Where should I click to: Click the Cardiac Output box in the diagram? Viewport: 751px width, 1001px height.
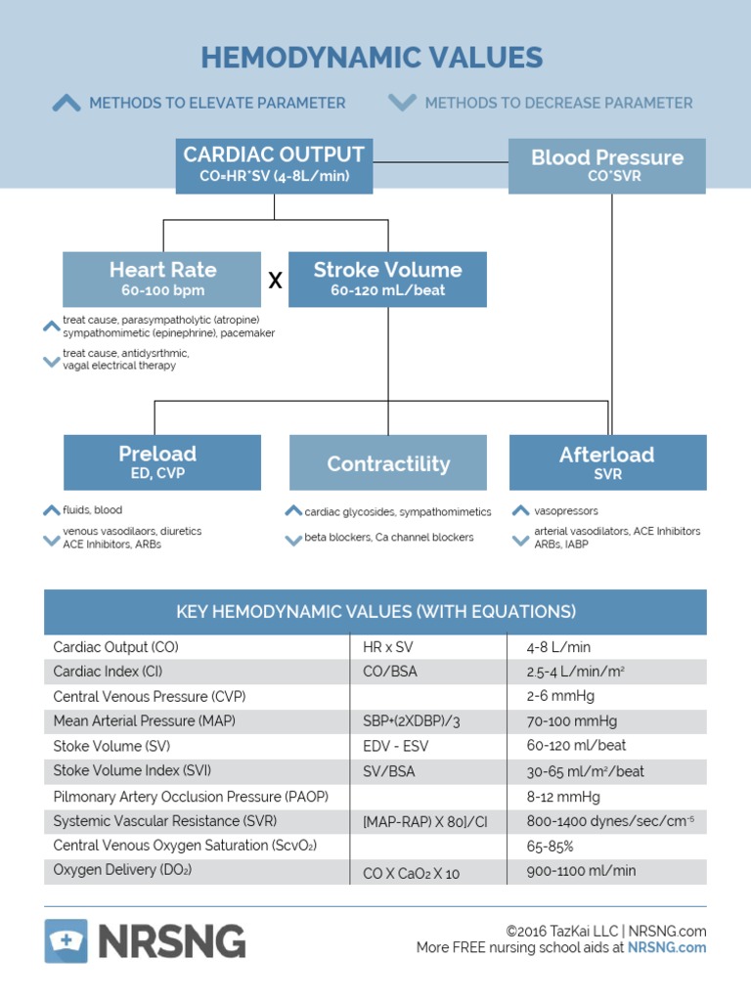[274, 165]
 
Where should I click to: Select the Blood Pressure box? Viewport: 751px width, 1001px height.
[607, 165]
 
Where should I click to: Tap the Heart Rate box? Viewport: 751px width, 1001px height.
[162, 279]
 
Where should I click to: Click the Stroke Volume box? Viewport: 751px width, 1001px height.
[387, 279]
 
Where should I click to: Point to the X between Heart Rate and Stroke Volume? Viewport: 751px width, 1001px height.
[275, 281]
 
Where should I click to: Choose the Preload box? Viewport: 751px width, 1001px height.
[162, 462]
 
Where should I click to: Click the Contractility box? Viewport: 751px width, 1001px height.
[388, 463]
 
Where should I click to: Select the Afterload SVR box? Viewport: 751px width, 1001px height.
[607, 462]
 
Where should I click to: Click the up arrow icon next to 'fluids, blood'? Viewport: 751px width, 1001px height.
[52, 510]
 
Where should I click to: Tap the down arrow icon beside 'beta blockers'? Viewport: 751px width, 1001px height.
[292, 539]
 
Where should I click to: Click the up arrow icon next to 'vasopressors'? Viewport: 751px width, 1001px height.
[521, 510]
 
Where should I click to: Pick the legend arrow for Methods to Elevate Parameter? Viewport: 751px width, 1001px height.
[66, 103]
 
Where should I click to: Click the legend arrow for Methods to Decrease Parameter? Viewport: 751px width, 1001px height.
[402, 103]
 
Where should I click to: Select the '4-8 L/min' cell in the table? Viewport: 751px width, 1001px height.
[558, 647]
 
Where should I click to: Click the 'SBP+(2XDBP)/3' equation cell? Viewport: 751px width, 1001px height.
[411, 721]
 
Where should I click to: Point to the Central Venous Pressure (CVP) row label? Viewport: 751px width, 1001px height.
[150, 696]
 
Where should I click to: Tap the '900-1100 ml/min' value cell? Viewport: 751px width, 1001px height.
[581, 871]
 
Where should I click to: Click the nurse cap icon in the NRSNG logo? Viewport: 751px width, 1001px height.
[66, 941]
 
